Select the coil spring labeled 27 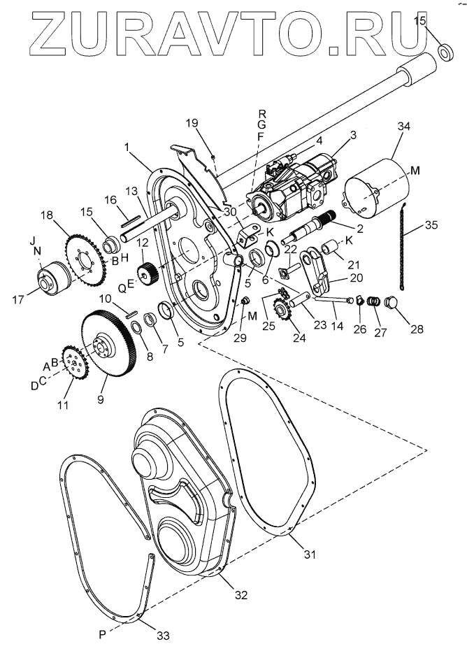pos(375,303)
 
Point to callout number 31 pos(309,555)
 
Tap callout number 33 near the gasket pos(162,636)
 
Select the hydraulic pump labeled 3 pos(297,189)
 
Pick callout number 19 pos(192,124)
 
